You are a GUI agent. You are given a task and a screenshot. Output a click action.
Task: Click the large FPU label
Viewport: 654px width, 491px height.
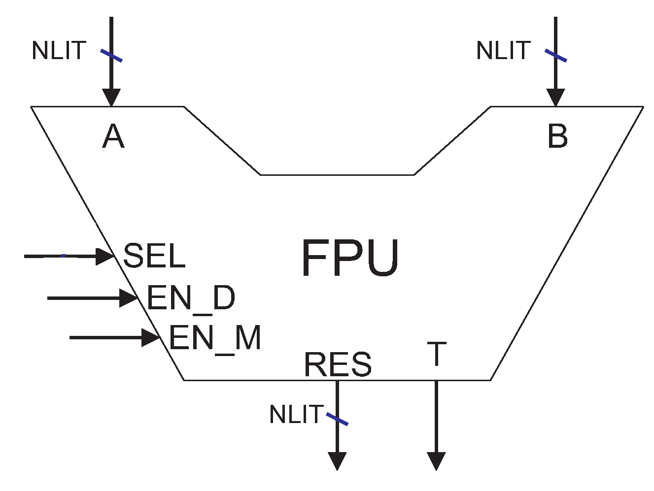(x=349, y=258)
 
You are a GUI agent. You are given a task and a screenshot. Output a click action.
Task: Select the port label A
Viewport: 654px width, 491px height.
(x=113, y=136)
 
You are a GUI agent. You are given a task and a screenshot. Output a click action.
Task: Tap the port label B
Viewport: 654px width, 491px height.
(x=557, y=136)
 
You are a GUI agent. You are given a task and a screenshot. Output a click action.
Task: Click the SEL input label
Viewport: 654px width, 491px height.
(x=154, y=256)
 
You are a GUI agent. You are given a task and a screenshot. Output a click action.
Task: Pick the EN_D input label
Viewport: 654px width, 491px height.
(x=191, y=298)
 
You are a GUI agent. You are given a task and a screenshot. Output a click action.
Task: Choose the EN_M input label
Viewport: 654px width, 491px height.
(x=215, y=338)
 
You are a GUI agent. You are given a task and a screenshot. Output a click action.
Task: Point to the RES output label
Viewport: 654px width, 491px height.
(x=338, y=364)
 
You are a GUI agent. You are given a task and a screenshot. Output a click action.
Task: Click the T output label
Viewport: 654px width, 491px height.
(x=437, y=354)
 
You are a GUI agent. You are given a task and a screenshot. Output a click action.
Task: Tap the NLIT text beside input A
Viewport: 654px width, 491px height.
(x=59, y=51)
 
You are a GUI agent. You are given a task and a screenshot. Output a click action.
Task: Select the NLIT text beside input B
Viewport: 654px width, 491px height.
(x=503, y=51)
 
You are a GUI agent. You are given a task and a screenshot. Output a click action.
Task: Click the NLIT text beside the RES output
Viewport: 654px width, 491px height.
(x=296, y=415)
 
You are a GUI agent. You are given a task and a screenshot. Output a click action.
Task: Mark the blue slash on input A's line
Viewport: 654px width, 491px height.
(x=111, y=56)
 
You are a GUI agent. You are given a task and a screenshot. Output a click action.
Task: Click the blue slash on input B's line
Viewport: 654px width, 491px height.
(x=556, y=56)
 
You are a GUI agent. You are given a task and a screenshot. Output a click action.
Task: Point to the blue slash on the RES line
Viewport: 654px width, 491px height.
(x=338, y=420)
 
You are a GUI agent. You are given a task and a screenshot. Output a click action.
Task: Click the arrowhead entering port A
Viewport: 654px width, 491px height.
(x=111, y=98)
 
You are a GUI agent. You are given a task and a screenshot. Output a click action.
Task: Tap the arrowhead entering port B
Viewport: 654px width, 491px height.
(x=556, y=98)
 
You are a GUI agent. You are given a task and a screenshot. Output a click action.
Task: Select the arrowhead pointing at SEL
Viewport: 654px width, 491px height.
(x=104, y=256)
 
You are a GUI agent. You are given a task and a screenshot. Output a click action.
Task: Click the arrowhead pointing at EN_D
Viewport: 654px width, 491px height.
(x=128, y=298)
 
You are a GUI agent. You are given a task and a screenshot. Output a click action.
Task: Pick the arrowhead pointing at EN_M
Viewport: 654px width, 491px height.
(x=150, y=337)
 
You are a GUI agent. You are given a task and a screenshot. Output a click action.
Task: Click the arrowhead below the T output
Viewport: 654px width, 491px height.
(x=436, y=461)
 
